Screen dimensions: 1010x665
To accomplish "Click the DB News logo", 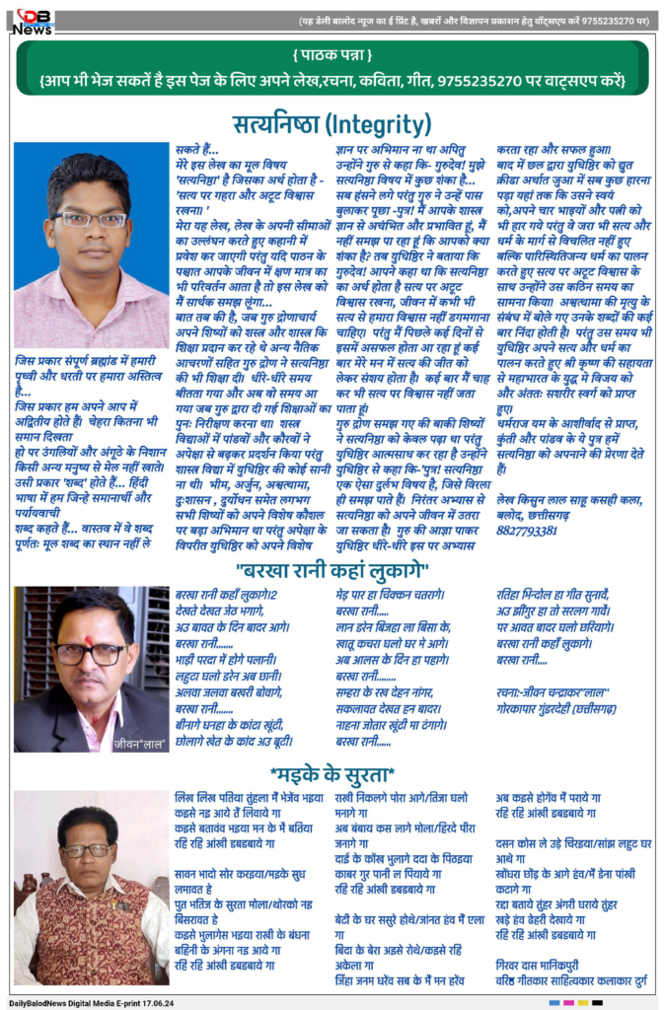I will [34, 20].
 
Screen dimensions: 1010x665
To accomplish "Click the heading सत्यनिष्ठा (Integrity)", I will [332, 124].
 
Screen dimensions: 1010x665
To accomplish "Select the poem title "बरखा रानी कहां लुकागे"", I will [332, 570].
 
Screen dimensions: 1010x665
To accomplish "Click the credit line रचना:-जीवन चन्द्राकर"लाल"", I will [553, 692].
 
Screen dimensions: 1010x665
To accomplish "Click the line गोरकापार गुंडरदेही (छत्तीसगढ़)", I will [556, 708].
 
